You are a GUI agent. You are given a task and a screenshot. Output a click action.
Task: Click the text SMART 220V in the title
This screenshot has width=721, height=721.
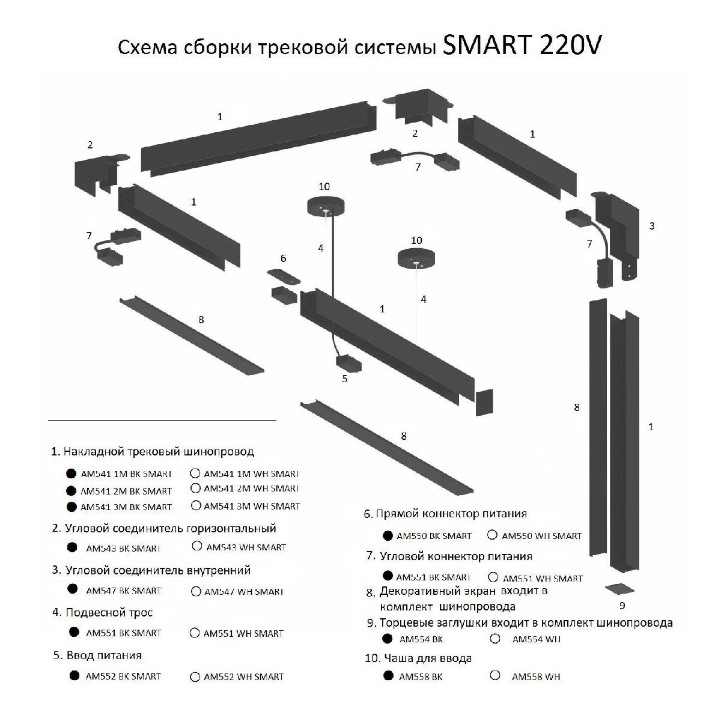521,46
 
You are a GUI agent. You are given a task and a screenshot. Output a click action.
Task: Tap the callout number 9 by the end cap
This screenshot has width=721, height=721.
622,605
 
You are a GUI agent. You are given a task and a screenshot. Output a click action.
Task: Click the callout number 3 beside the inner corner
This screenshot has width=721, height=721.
652,226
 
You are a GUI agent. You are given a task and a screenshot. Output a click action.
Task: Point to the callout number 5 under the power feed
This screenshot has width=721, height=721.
344,379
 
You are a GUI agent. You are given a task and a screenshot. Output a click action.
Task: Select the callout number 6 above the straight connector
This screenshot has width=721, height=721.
283,259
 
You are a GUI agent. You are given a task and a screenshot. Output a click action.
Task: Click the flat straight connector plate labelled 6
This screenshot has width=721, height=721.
284,277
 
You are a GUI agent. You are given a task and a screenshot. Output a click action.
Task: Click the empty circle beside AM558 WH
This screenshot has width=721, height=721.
495,675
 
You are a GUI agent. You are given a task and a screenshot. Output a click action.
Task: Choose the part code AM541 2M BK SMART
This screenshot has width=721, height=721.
126,491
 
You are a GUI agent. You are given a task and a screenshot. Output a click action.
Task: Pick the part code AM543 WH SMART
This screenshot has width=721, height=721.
246,547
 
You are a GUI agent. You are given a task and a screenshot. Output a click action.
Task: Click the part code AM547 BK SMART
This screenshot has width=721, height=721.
124,590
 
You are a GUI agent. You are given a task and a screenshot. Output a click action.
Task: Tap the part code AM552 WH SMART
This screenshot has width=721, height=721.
243,677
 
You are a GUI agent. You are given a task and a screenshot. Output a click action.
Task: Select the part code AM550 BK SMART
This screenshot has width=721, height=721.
435,535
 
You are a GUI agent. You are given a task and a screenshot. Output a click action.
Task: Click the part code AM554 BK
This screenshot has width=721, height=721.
421,639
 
